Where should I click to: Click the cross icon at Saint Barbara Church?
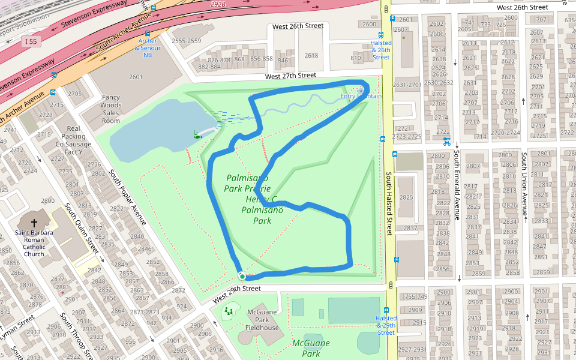[34, 223]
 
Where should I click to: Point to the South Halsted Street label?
[389, 204]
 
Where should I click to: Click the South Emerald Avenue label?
[457, 185]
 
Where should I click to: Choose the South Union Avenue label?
[524, 185]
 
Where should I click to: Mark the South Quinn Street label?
[82, 229]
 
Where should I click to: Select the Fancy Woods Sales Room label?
[111, 109]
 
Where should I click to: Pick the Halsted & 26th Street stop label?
[381, 50]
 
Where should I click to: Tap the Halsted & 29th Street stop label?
[386, 325]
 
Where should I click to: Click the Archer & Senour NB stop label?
[147, 48]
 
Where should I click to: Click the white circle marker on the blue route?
[242, 276]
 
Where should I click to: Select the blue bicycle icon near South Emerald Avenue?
[446, 142]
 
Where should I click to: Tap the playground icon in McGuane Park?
[229, 311]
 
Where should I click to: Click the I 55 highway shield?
[32, 41]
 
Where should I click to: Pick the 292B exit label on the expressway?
[217, 4]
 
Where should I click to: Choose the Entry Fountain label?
[361, 96]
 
